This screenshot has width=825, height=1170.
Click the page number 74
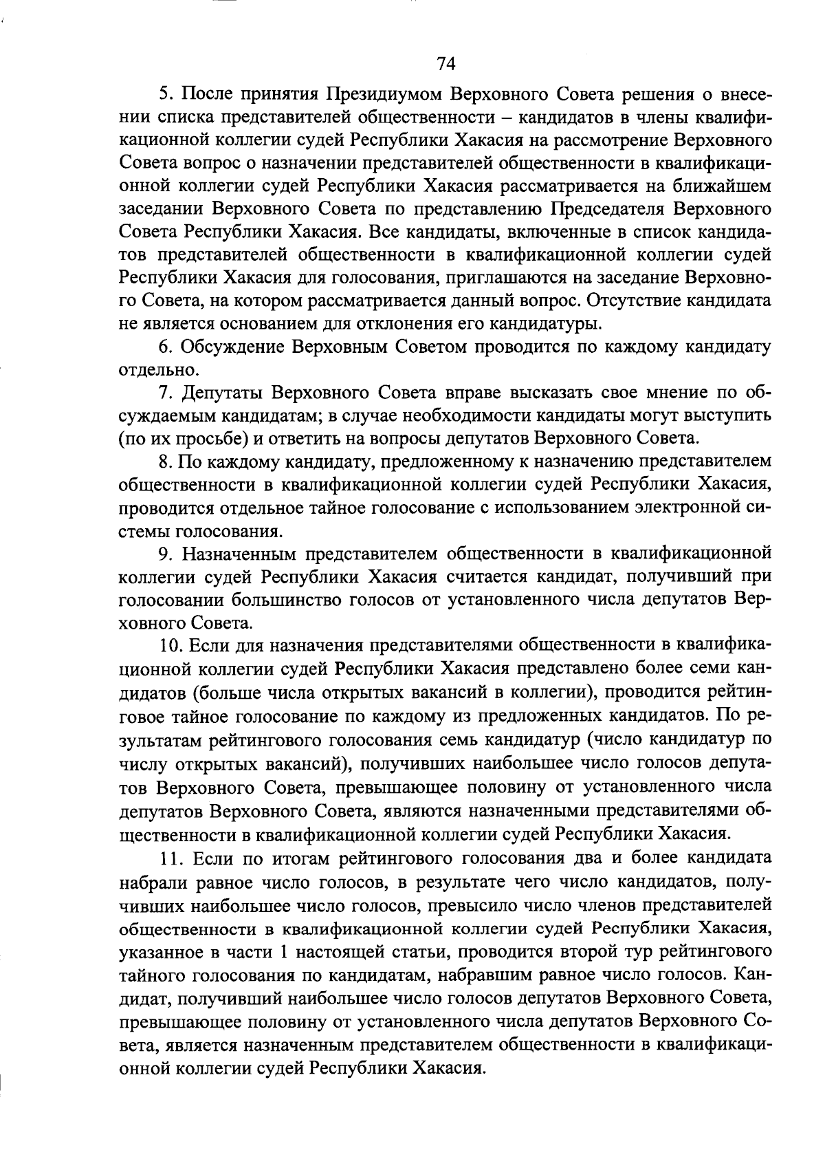point(445,64)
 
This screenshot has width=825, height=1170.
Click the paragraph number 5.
point(165,94)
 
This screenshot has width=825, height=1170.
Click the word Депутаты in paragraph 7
point(224,393)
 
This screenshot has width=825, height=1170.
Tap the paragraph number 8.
point(165,462)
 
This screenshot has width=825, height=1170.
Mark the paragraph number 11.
point(170,858)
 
